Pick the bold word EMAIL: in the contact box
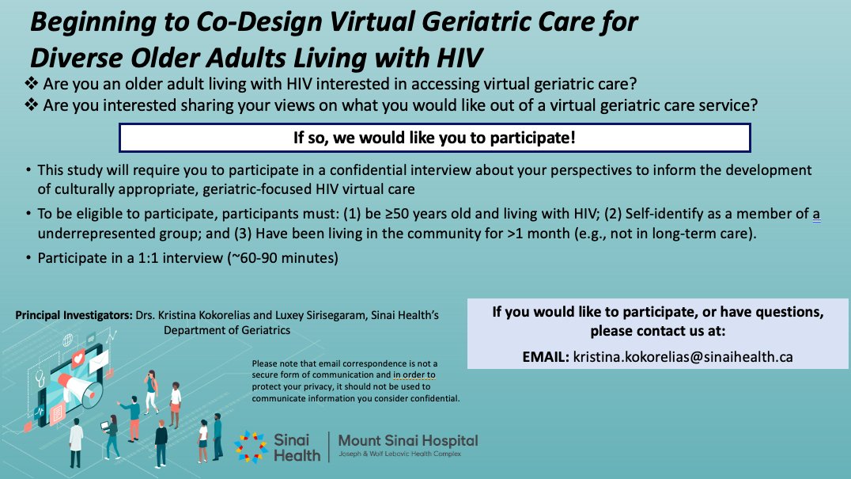coord(545,357)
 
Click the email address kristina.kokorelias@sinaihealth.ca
coord(683,357)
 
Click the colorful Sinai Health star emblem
coord(252,447)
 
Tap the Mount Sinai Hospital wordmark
coord(407,441)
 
